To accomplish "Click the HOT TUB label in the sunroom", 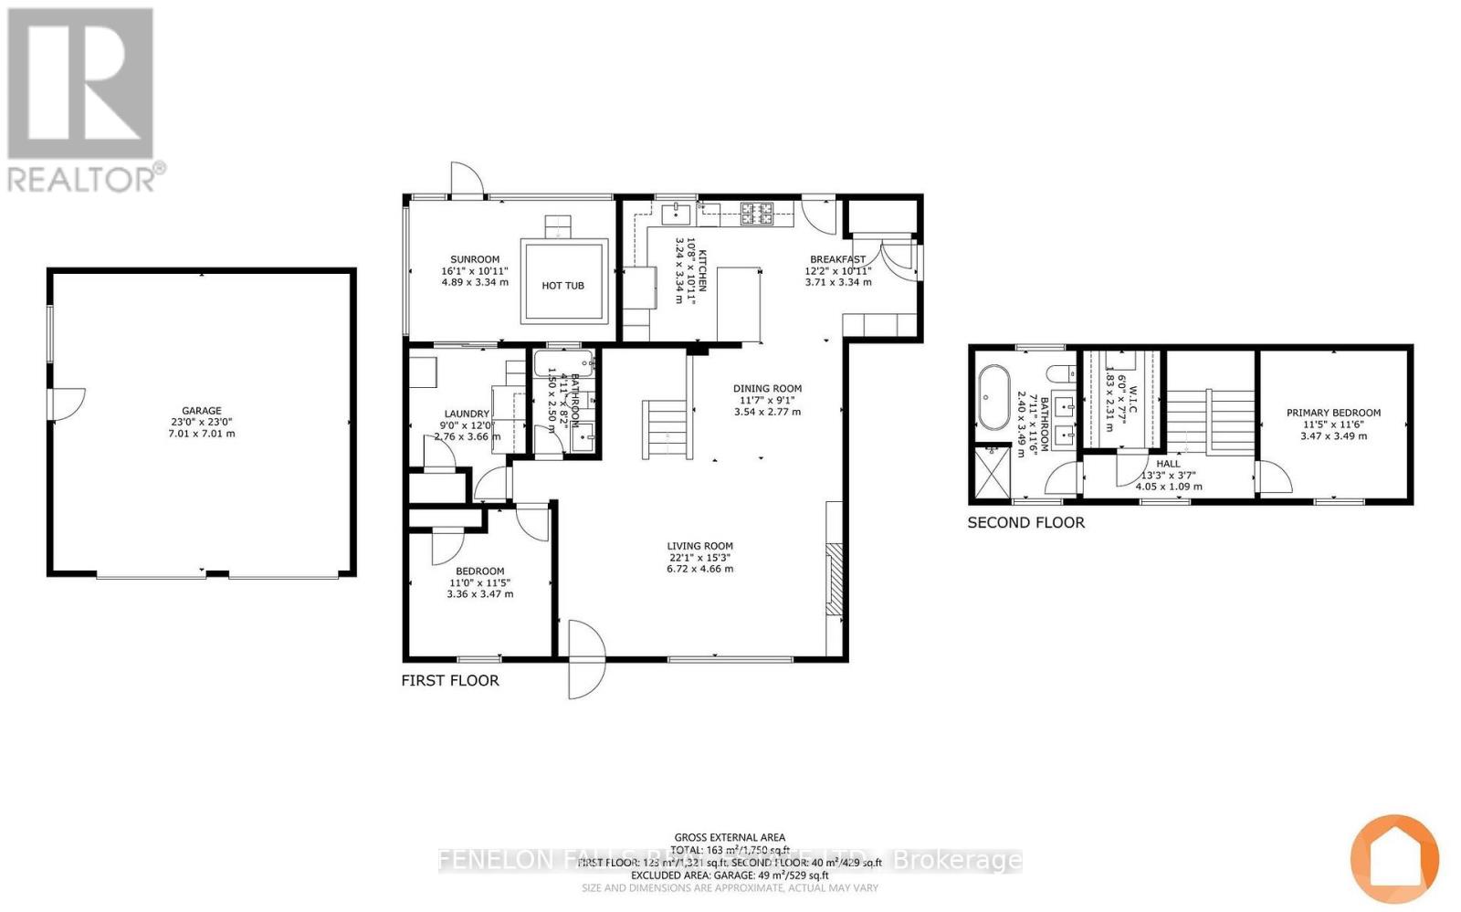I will pos(562,286).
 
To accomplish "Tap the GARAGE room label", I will pos(201,411).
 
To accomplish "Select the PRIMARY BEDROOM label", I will pos(1333,413).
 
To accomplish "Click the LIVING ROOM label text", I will pos(699,546).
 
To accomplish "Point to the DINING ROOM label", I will pos(767,388).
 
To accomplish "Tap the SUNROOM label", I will pos(475,259).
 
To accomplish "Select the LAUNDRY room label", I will pos(468,414).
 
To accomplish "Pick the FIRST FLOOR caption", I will pos(450,680).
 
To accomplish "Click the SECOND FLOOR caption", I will pos(1026,522).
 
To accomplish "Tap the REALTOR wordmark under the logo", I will pos(84,178).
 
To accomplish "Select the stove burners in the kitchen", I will pos(757,214).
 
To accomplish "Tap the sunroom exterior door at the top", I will pos(465,181).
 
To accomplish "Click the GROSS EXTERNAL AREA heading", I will pos(730,837).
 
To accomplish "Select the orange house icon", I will pos(1394,859).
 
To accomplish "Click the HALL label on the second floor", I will pos(1168,464).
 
